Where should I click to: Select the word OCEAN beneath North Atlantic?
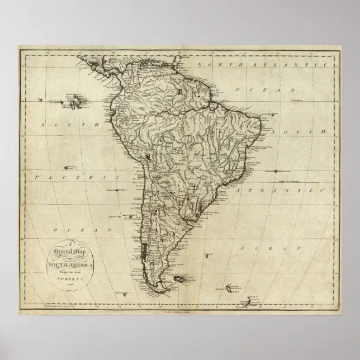[266, 89]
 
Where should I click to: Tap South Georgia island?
[230, 288]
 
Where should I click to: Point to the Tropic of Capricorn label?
[291, 181]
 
